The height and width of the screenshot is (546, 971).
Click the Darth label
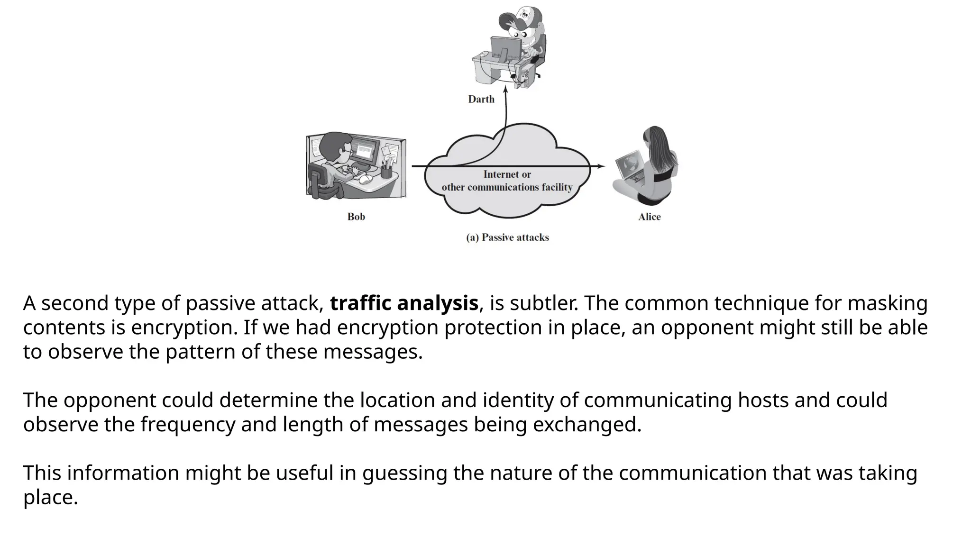point(481,99)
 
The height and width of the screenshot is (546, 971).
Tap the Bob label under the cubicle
point(356,217)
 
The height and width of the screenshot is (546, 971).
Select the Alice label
point(649,217)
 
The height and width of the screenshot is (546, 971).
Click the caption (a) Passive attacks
point(507,237)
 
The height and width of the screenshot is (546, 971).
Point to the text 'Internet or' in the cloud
point(507,174)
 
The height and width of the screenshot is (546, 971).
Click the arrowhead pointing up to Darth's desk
point(505,89)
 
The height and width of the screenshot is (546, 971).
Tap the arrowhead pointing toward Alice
point(601,166)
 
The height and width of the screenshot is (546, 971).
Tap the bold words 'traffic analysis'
point(404,303)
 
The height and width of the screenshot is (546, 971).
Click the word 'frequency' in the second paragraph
point(188,424)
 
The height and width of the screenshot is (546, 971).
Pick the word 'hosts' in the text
point(763,400)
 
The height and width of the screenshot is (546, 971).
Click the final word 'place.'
point(50,497)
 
